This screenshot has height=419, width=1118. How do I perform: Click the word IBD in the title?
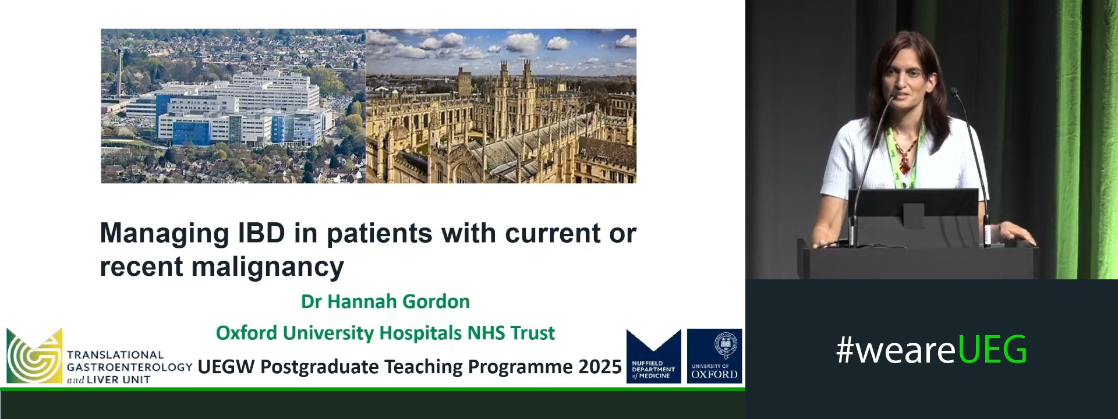click(261, 233)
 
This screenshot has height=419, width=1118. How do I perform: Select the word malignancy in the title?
click(268, 267)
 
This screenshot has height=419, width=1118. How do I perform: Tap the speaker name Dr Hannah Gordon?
click(385, 301)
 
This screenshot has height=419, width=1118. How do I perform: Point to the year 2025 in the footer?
click(600, 367)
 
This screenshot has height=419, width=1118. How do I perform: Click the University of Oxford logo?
click(714, 356)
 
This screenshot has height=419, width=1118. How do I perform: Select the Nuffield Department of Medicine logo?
click(654, 356)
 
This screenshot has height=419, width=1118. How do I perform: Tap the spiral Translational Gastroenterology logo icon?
click(34, 356)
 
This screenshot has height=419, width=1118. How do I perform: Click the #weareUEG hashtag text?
click(932, 350)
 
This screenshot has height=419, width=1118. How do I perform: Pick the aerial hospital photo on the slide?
click(233, 106)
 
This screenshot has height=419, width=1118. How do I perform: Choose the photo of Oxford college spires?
click(501, 106)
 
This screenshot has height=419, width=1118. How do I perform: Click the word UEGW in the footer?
click(227, 367)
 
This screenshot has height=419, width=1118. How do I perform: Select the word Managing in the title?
click(165, 234)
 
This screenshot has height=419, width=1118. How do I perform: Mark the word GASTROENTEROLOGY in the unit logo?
click(130, 367)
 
